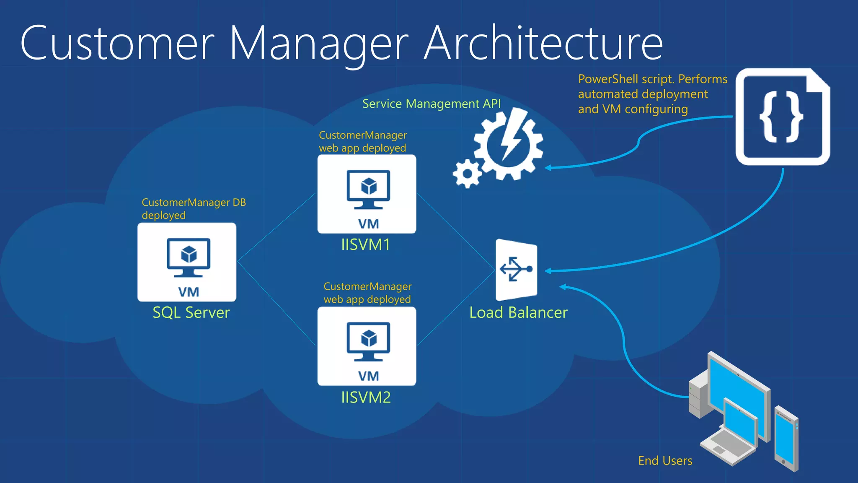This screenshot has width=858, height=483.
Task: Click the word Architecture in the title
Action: click(543, 44)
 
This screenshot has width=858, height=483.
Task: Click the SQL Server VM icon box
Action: click(187, 262)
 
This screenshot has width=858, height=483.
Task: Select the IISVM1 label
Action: click(366, 244)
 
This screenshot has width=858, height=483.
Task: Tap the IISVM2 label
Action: click(366, 397)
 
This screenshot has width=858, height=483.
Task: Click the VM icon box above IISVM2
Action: click(367, 346)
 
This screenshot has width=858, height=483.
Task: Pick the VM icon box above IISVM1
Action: click(367, 194)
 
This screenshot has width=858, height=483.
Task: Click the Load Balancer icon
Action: click(516, 270)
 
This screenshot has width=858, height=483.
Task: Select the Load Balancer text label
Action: click(518, 313)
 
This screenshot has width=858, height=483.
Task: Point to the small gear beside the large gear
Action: click(467, 174)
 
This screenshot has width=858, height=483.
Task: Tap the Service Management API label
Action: click(432, 104)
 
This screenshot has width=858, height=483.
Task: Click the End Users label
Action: click(665, 461)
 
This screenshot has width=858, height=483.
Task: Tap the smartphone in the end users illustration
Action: click(786, 438)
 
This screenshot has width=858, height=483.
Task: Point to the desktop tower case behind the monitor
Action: click(698, 397)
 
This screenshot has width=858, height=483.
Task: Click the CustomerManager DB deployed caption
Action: click(193, 208)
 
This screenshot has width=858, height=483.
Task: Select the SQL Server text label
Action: click(191, 313)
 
